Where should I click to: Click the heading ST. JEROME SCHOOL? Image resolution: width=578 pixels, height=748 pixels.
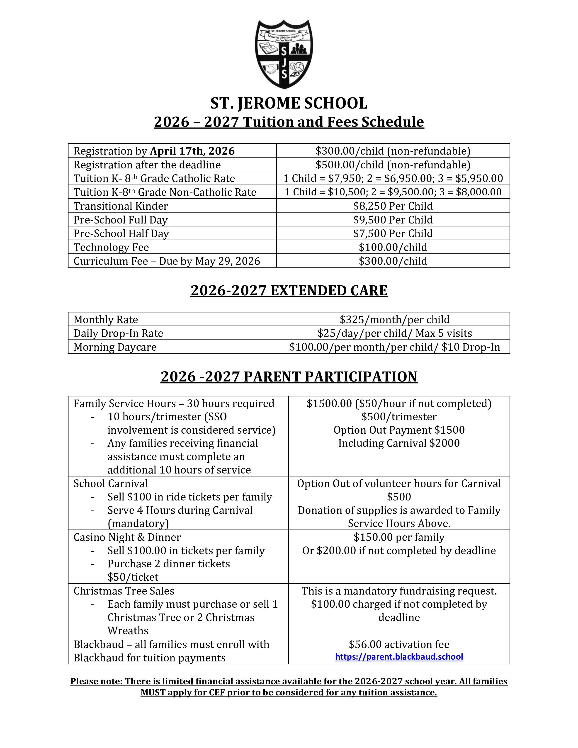(x=289, y=103)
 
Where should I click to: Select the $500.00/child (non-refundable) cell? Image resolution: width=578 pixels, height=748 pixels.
(x=393, y=165)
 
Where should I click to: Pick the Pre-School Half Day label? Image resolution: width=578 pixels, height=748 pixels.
(x=121, y=233)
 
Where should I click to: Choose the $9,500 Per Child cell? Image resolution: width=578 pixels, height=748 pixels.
(x=393, y=220)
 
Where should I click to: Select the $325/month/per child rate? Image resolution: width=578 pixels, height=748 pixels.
(x=394, y=320)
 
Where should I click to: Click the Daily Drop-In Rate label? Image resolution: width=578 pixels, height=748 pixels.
(x=118, y=333)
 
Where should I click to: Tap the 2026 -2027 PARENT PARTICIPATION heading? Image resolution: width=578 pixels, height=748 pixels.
(x=289, y=377)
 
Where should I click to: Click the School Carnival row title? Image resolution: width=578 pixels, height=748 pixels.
(x=111, y=484)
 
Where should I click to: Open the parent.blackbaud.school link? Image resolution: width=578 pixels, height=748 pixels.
(x=399, y=657)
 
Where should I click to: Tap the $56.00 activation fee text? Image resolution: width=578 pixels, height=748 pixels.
(x=399, y=645)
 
